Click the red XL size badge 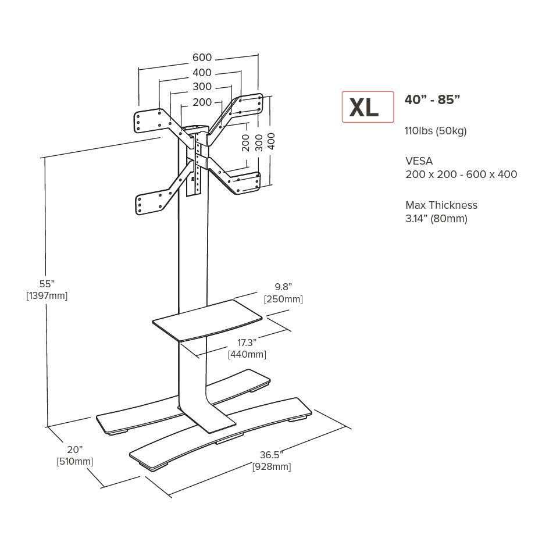(x=368, y=107)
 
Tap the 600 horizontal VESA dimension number (x=202, y=58)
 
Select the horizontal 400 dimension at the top (x=202, y=73)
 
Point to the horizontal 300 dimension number (x=202, y=87)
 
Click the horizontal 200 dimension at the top (x=202, y=102)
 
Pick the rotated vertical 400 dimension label (x=272, y=141)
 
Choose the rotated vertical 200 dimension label (x=245, y=142)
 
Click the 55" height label (x=47, y=284)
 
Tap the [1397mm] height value (x=47, y=295)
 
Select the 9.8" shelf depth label (x=283, y=287)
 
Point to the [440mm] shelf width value (x=247, y=354)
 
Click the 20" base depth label (x=74, y=450)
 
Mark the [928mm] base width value (x=271, y=466)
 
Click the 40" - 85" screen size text (x=432, y=99)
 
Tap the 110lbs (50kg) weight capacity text (x=436, y=130)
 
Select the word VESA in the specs (x=419, y=161)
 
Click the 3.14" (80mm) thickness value (x=436, y=219)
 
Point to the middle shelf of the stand (x=207, y=319)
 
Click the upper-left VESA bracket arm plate (x=148, y=120)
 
